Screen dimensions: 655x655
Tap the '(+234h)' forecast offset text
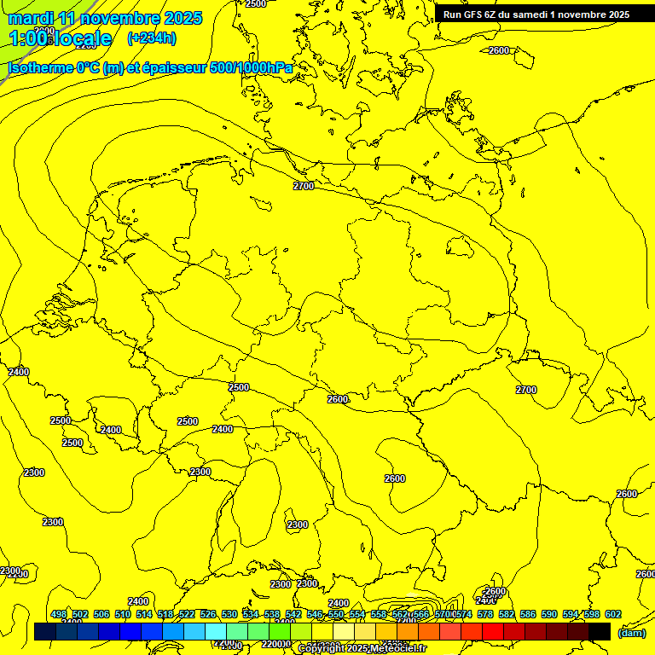pyautogui.click(x=152, y=38)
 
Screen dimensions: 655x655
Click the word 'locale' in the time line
pyautogui.click(x=80, y=38)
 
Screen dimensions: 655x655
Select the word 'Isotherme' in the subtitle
pyautogui.click(x=41, y=67)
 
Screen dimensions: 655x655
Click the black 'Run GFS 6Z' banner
pyautogui.click(x=536, y=14)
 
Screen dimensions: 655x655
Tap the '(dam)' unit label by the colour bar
pyautogui.click(x=631, y=633)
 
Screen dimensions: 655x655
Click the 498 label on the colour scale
pyautogui.click(x=59, y=614)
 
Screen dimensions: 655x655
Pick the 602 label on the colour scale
pyautogui.click(x=612, y=614)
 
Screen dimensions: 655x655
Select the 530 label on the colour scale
pyautogui.click(x=229, y=614)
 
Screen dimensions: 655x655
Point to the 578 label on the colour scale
pyautogui.click(x=485, y=614)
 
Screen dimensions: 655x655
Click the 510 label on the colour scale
pyautogui.click(x=123, y=614)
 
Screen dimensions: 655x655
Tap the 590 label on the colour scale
pyautogui.click(x=549, y=614)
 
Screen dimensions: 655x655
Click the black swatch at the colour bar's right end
pyautogui.click(x=600, y=631)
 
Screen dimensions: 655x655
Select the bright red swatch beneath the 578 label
pyautogui.click(x=493, y=631)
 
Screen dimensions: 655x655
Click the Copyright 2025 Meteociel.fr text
pyautogui.click(x=362, y=649)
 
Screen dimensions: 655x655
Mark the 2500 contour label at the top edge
pyautogui.click(x=256, y=4)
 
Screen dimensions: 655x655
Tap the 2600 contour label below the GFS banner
pyautogui.click(x=499, y=50)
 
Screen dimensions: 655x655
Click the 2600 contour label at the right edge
pyautogui.click(x=627, y=494)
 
